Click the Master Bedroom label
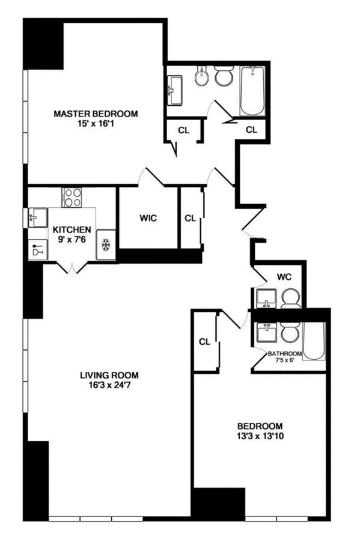pos(96,114)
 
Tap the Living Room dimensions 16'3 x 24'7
pos(109,385)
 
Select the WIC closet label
pos(148,218)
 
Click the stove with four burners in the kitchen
pos(72,198)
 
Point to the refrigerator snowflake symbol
pos(106,244)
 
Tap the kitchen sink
pos(37,217)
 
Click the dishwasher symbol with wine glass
pos(37,249)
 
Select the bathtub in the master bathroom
pos(252,91)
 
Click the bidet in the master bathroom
pos(201,76)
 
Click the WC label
pos(284,277)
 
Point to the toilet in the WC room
pos(291,299)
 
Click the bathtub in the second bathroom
pos(314,341)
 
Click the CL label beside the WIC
pos(190,218)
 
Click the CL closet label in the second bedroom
pos(204,342)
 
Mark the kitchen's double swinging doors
pos(72,268)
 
